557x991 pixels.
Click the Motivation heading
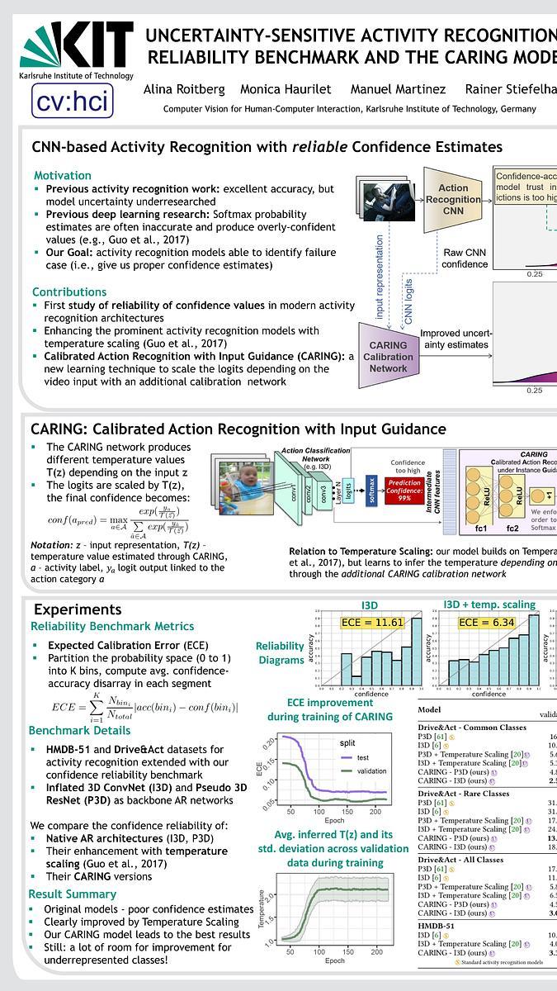pyautogui.click(x=63, y=175)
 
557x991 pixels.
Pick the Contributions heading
pyautogui.click(x=69, y=292)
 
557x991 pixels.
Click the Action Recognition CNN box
pyautogui.click(x=453, y=199)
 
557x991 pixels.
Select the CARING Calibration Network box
pyautogui.click(x=388, y=357)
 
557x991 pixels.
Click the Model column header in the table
pyautogui.click(x=429, y=709)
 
